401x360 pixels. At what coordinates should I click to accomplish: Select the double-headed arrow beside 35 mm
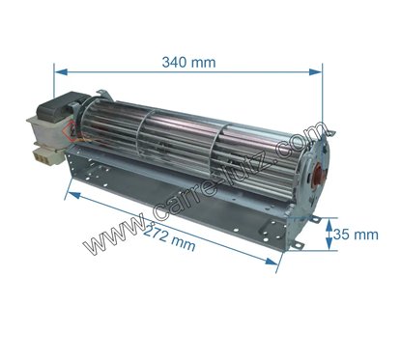pyautogui.click(x=324, y=235)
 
